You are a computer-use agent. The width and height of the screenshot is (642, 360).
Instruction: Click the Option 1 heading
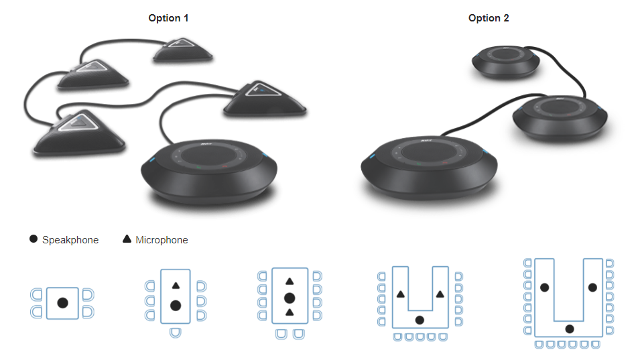pyautogui.click(x=168, y=18)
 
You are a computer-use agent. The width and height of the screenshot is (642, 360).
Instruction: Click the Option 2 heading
pyautogui.click(x=489, y=18)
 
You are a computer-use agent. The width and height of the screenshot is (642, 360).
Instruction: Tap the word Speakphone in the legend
pyautogui.click(x=70, y=240)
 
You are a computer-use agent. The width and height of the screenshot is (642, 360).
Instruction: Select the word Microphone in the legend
pyautogui.click(x=162, y=240)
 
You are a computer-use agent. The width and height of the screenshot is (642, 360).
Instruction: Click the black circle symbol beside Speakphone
pyautogui.click(x=34, y=239)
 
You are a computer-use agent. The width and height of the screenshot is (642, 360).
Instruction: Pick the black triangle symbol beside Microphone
pyautogui.click(x=127, y=239)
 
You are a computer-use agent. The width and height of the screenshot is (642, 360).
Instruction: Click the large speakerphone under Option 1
pyautogui.click(x=209, y=171)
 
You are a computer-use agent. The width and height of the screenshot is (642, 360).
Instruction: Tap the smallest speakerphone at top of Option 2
pyautogui.click(x=506, y=62)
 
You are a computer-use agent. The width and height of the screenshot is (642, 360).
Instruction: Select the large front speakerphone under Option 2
pyautogui.click(x=429, y=168)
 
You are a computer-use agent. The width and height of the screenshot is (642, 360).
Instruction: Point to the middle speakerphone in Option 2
pyautogui.click(x=560, y=118)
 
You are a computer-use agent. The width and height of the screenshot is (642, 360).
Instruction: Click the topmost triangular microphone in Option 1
pyautogui.click(x=182, y=50)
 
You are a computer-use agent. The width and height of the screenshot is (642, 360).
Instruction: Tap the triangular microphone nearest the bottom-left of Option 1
pyautogui.click(x=78, y=133)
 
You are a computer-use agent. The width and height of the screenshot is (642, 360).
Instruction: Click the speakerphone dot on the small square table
pyautogui.click(x=62, y=303)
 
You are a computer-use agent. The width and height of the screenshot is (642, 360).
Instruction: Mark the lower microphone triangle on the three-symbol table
pyautogui.click(x=290, y=312)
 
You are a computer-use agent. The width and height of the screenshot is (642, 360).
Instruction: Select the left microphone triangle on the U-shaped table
pyautogui.click(x=401, y=294)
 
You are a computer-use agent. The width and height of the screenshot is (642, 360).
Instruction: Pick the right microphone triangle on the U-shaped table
pyautogui.click(x=440, y=294)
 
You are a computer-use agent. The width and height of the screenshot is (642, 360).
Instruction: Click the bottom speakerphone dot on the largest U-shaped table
pyautogui.click(x=570, y=329)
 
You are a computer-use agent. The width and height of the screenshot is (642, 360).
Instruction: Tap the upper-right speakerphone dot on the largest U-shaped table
pyautogui.click(x=592, y=288)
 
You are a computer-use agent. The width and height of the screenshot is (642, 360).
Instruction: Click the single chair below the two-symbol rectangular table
pyautogui.click(x=175, y=333)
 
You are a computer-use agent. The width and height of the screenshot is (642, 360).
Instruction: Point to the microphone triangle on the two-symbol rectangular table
pyautogui.click(x=176, y=286)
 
